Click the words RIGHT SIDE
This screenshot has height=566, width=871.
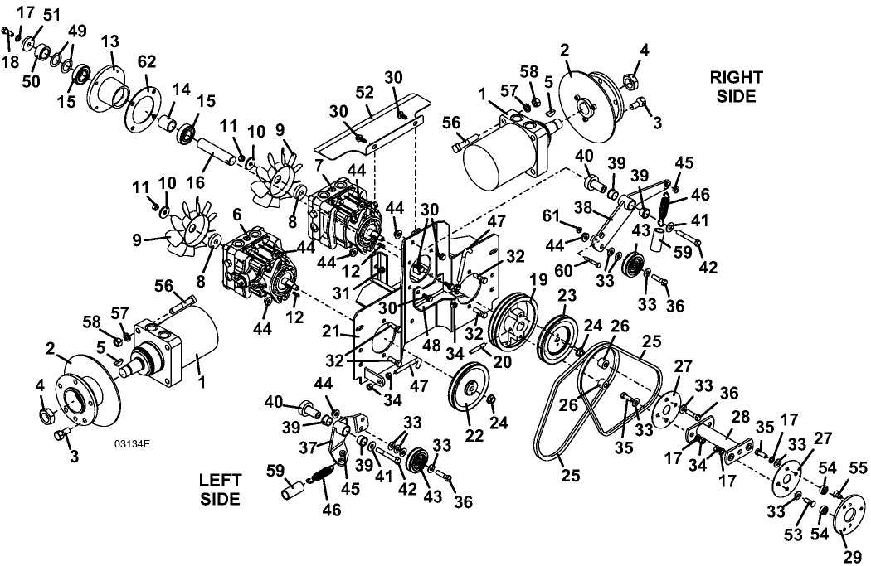737,86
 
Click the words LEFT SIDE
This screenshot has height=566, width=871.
220,489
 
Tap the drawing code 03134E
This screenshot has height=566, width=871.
132,444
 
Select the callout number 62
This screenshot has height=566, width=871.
147,62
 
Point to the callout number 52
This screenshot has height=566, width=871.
364,93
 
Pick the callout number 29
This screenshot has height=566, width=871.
851,557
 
